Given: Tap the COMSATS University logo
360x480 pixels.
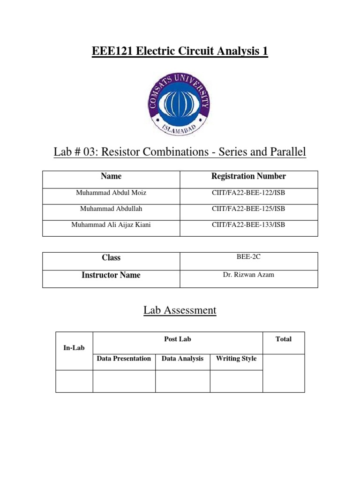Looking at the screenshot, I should (180, 104).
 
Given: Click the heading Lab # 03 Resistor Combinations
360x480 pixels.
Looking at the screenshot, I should (180, 152).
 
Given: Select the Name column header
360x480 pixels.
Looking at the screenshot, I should (111, 176).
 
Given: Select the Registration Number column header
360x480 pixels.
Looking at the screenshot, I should (248, 176).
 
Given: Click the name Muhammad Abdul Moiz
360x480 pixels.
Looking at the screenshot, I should (111, 193).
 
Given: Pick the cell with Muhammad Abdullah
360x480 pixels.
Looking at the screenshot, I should (111, 209).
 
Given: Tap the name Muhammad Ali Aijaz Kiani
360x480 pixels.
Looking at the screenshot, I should (111, 225).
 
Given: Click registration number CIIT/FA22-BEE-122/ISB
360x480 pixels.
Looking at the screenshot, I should (248, 193).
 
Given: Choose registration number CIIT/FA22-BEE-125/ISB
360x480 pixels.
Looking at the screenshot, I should (248, 209).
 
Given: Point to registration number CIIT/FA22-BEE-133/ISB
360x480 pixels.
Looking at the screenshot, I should (248, 225).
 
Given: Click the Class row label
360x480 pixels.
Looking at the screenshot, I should (111, 258).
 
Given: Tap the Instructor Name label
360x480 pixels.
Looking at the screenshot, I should (111, 275).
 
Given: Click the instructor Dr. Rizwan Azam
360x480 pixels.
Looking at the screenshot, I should (248, 275).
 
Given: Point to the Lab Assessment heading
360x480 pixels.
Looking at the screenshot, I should (180, 310).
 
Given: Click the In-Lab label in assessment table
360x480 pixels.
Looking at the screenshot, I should (74, 348).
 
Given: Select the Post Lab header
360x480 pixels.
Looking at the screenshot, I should (178, 339).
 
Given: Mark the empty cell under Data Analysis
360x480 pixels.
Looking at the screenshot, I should (182, 381).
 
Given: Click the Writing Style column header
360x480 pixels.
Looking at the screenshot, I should (236, 359).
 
